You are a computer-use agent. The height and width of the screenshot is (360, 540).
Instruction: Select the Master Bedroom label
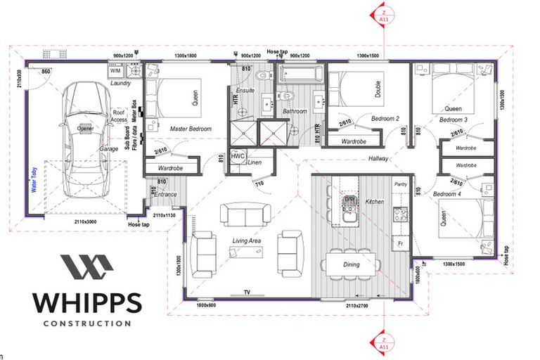pyautogui.click(x=191, y=129)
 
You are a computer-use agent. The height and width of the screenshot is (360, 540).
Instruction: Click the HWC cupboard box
pyautogui.click(x=238, y=155)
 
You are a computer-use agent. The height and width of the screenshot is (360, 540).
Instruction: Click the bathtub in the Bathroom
pyautogui.click(x=300, y=73)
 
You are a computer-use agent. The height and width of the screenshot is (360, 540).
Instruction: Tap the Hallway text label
pyautogui.click(x=378, y=159)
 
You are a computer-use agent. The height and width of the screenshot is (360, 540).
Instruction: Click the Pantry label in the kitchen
pyautogui.click(x=401, y=184)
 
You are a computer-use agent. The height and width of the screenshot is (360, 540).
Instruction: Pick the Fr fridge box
pyautogui.click(x=400, y=243)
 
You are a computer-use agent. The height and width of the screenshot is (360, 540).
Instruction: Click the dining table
pyautogui.click(x=352, y=264)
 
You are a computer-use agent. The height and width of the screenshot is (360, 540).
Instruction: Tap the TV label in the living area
pyautogui.click(x=246, y=291)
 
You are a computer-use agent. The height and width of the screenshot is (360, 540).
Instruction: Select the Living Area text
pyautogui.click(x=247, y=241)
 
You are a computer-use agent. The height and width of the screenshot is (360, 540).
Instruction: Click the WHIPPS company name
pyautogui.click(x=86, y=302)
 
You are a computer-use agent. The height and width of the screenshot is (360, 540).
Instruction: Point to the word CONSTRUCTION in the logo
pyautogui.click(x=86, y=323)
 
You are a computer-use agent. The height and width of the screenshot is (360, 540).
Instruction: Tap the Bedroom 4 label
pyautogui.click(x=447, y=193)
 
